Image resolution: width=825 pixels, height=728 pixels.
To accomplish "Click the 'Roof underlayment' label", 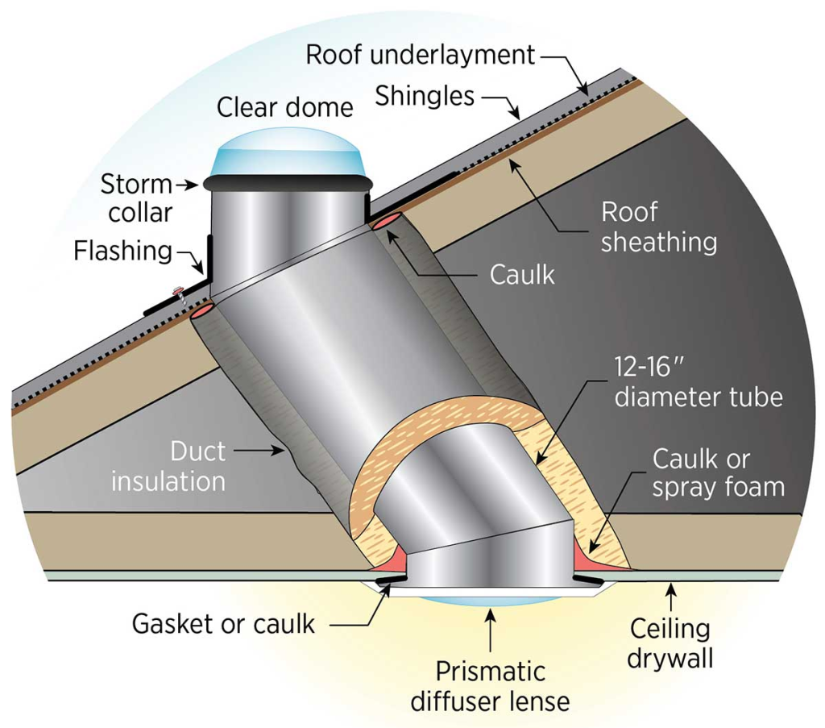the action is (421, 55).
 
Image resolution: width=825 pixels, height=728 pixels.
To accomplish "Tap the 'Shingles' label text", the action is (425, 96).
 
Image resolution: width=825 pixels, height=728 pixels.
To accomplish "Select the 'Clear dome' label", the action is (284, 107).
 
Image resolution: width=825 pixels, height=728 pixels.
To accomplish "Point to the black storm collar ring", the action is (288, 184).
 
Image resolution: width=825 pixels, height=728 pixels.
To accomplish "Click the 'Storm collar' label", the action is (137, 198).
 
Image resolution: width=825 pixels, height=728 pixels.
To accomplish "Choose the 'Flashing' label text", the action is (123, 251).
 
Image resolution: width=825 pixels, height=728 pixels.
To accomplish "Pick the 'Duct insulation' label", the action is (168, 466).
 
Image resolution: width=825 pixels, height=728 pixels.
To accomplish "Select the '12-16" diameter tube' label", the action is (699, 381).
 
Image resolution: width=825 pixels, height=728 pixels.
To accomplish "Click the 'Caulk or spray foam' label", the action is (718, 473).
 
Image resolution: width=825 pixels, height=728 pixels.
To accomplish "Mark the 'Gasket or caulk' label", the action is (223, 624).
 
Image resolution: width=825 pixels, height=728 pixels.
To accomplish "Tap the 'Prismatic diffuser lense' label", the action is (490, 686).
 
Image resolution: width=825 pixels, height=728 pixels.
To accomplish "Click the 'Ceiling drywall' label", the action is (670, 643).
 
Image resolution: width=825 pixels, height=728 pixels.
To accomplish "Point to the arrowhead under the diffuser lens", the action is (491, 613).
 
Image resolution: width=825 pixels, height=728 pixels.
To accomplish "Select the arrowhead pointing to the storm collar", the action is (193, 185).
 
